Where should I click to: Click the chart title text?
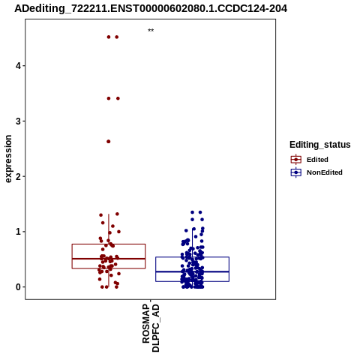point(151,8)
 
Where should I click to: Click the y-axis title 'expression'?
point(8,159)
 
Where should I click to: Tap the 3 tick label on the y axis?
point(18,121)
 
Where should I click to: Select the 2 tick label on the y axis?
point(18,176)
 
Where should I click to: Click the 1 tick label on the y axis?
point(18,232)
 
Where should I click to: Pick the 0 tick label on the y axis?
point(18,287)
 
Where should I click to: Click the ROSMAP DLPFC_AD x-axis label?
point(151,328)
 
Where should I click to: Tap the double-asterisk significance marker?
point(151,31)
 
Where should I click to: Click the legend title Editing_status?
point(320,145)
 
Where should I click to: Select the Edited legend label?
point(317,160)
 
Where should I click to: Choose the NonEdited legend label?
point(325,172)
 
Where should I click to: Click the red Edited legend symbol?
point(296,160)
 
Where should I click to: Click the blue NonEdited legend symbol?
point(296,172)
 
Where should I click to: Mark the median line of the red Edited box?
point(109,259)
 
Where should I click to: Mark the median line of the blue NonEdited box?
point(192,271)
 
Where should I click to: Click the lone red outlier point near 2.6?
point(109,142)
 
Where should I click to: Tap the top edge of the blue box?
point(192,257)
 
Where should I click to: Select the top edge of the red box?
point(109,244)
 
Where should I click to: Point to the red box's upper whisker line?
point(109,229)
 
